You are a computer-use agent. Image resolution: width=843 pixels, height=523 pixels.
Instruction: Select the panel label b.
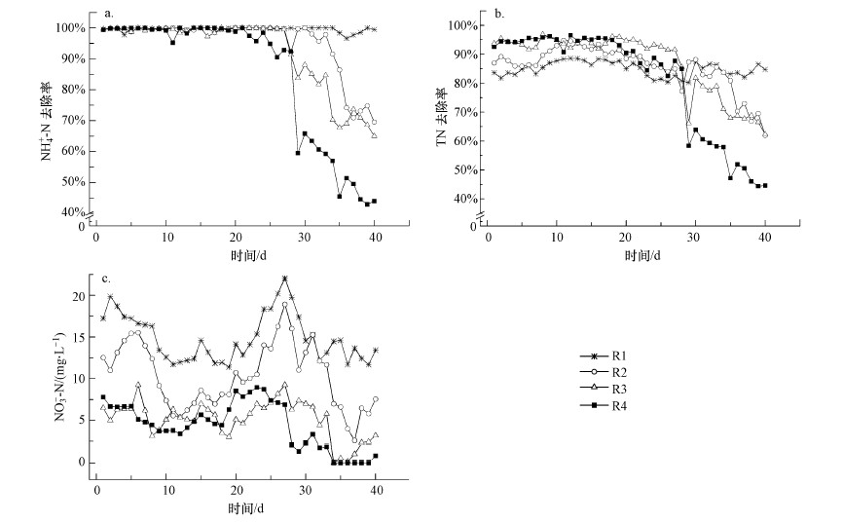click(x=500, y=15)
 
